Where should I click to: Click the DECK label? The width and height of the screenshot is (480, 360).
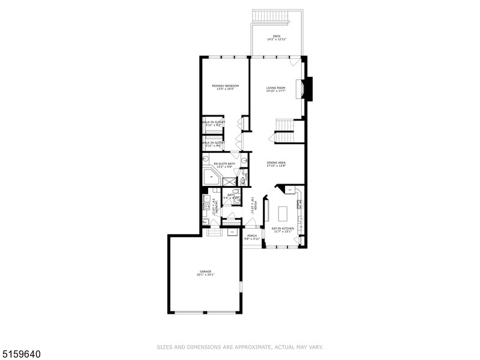[x=277, y=36]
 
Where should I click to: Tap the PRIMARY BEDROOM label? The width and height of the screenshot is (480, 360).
[x=226, y=86]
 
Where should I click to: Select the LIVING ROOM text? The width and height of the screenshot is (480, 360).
[x=276, y=88]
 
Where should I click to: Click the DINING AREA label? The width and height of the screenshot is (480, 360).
[x=276, y=163]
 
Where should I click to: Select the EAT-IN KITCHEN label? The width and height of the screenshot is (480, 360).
[x=283, y=229]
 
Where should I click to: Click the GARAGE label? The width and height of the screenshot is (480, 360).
[x=205, y=272]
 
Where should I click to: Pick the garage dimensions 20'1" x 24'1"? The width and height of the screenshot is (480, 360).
[x=205, y=275]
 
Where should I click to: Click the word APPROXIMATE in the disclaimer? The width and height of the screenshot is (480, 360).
[x=239, y=347]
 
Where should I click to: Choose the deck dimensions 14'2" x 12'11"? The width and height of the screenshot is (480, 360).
[x=277, y=40]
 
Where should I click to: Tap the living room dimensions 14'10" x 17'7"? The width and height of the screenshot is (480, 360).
[x=276, y=92]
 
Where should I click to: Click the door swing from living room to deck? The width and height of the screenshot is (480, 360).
[x=293, y=62]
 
